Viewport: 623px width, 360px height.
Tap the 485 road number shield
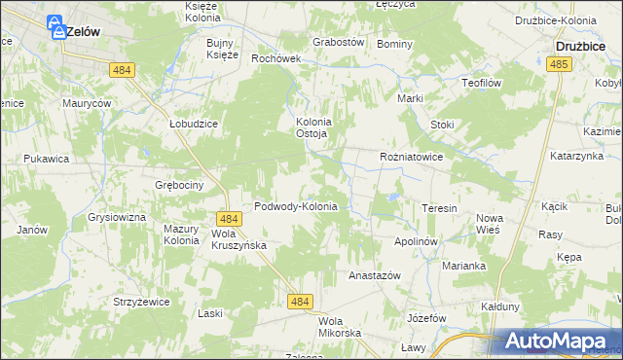tap(558, 64)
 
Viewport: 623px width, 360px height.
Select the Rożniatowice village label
tap(412, 156)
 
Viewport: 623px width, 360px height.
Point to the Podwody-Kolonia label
tap(295, 206)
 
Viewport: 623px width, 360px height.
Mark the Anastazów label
tap(375, 276)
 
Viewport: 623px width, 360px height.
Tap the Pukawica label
tap(47, 158)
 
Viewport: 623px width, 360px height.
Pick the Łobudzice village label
tap(192, 125)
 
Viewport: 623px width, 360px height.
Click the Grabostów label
tap(338, 43)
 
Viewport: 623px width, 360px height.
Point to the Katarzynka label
tap(578, 155)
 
